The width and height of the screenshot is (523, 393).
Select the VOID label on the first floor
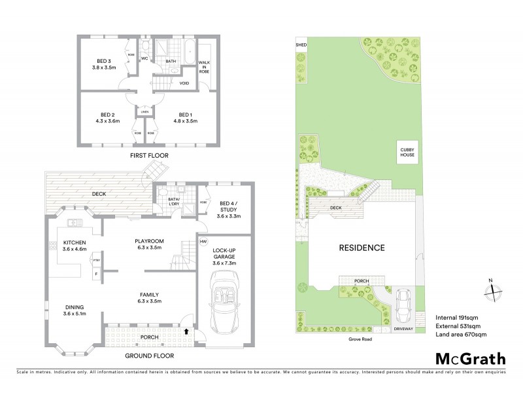184,84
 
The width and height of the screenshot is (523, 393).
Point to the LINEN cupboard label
144,112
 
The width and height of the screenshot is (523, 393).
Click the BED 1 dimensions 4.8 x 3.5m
185,121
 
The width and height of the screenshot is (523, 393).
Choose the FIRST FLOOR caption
149,155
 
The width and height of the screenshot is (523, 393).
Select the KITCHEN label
75,242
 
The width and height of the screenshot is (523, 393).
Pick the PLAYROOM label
148,241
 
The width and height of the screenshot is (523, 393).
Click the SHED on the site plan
301,45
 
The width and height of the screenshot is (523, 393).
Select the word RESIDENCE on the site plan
362,248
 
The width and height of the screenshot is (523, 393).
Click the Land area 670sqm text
461,335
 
